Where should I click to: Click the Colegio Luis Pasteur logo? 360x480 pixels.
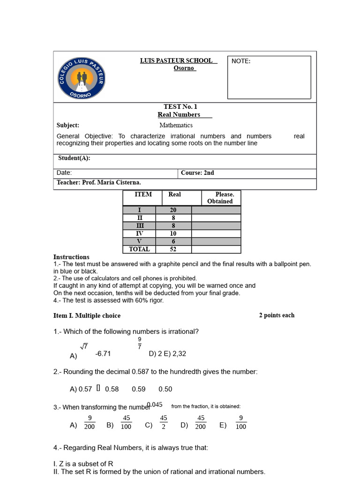(x=82, y=77)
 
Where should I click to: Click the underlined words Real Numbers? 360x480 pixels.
(x=179, y=114)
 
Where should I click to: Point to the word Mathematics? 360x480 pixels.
(x=176, y=125)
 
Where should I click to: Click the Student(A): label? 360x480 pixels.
(x=74, y=158)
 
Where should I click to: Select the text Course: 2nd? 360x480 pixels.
(x=197, y=172)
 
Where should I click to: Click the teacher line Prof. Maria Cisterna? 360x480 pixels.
(x=99, y=182)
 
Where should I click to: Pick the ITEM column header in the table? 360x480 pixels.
(x=143, y=194)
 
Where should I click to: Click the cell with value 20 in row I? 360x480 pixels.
(x=173, y=210)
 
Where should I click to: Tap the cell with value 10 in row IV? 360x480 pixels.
(x=173, y=233)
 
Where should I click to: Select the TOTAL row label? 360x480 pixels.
(x=139, y=249)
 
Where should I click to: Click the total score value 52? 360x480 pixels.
(x=173, y=249)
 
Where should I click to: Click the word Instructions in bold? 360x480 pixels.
(x=71, y=257)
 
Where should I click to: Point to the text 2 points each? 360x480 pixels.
(x=277, y=315)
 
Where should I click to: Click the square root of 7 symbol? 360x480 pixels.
(x=84, y=346)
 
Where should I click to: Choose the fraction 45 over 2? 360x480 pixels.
(x=164, y=422)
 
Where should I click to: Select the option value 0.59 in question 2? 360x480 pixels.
(x=139, y=389)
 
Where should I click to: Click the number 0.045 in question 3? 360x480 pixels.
(x=155, y=405)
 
